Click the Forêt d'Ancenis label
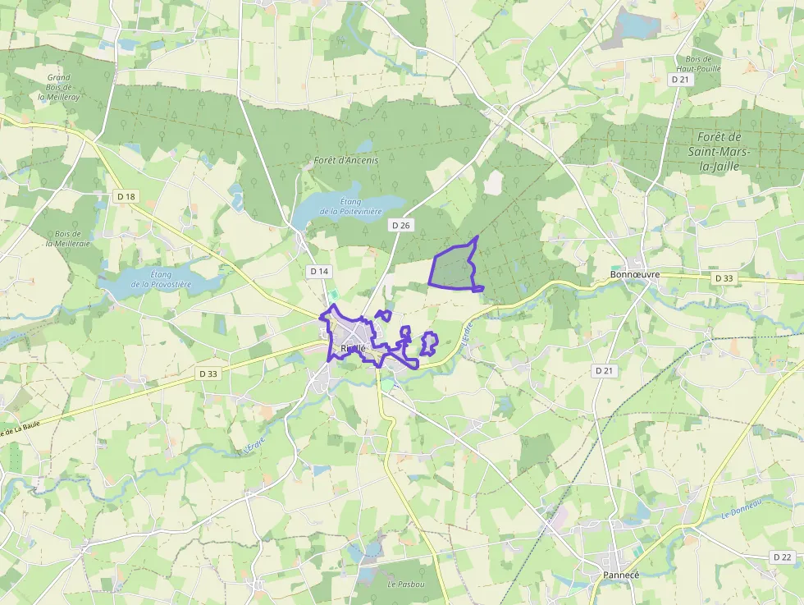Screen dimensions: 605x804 346,160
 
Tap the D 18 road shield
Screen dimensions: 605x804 126,196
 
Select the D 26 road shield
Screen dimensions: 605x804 400,225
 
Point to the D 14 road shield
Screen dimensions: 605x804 319,271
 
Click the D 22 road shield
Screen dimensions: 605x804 782,557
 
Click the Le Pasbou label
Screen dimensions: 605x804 407,584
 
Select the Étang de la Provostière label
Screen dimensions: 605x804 161,279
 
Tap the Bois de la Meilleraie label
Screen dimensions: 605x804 67,238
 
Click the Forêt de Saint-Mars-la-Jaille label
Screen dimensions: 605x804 718,152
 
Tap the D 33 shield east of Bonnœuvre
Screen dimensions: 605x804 724,278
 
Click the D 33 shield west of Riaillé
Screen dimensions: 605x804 208,374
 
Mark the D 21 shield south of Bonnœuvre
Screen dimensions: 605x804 603,371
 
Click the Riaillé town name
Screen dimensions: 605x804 353,348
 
